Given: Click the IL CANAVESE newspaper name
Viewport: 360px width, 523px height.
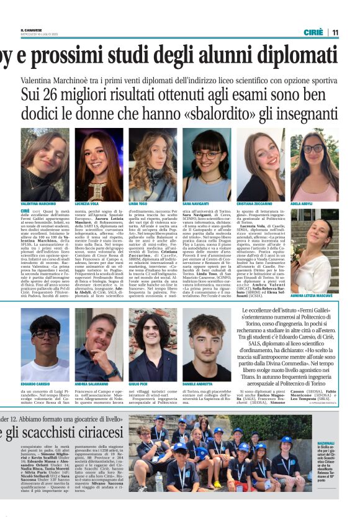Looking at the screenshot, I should click(x=31, y=29).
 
